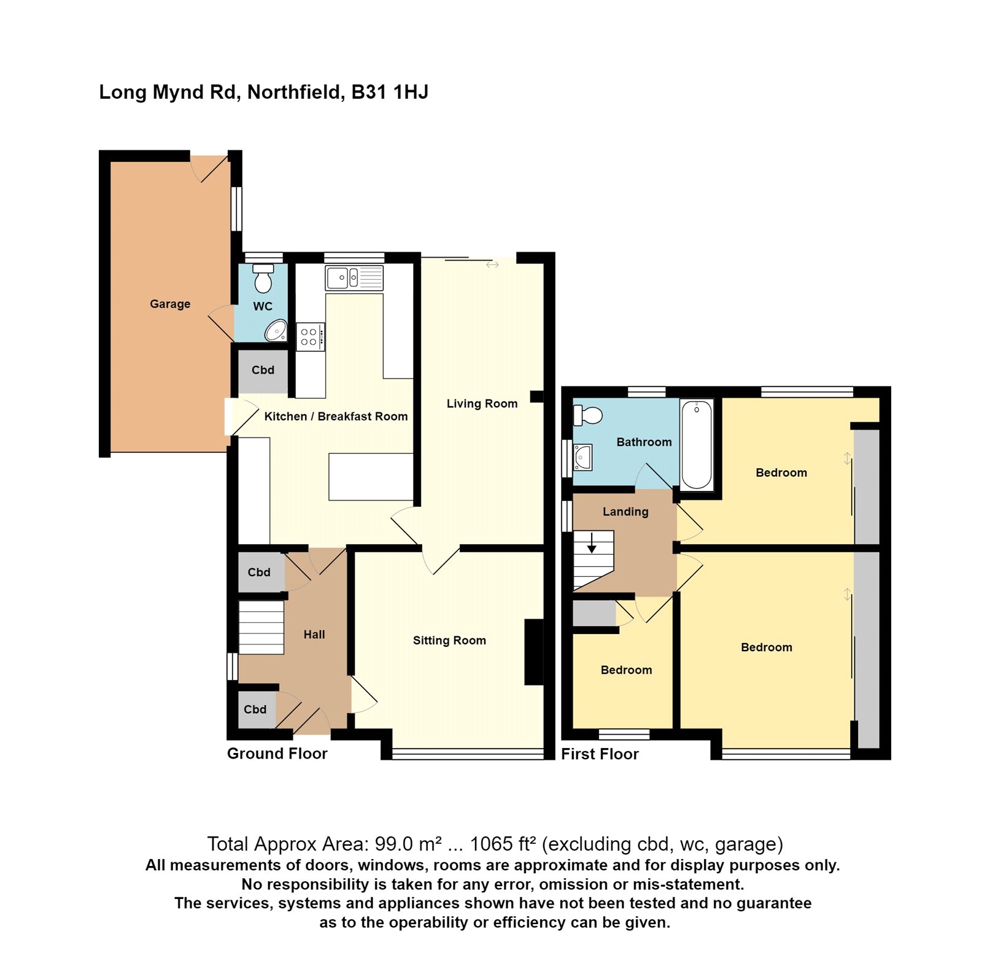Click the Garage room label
(170, 304)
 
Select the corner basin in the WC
(277, 331)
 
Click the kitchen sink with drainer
(354, 278)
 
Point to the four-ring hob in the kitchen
(310, 337)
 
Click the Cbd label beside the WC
(263, 370)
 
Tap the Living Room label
(482, 404)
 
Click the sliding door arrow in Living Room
(492, 264)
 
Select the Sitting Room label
(449, 641)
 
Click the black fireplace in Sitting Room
(533, 652)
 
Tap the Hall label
(314, 635)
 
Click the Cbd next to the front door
(255, 709)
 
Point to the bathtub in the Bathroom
(697, 445)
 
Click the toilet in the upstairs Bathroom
(587, 415)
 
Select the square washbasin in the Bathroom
(582, 457)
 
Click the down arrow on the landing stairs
(592, 544)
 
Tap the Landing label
(625, 512)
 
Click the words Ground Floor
(277, 754)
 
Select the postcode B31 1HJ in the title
(390, 92)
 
